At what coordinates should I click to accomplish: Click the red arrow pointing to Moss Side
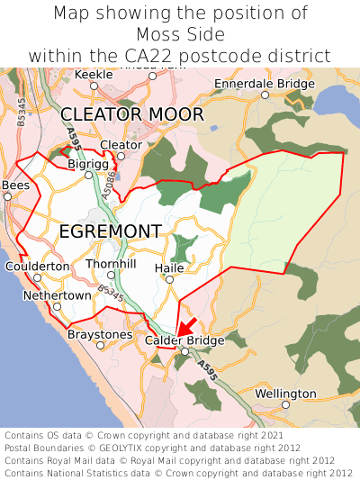(x=186, y=326)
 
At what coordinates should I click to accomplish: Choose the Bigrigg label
(x=86, y=164)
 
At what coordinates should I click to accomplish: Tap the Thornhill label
(x=111, y=264)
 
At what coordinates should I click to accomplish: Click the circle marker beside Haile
(x=169, y=279)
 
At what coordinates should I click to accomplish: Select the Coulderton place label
(x=37, y=267)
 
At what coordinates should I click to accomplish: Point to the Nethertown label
(x=57, y=295)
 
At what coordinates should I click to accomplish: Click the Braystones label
(x=99, y=334)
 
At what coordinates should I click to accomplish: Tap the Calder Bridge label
(x=184, y=340)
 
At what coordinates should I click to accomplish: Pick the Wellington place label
(x=285, y=394)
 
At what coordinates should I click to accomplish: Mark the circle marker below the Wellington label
(x=285, y=405)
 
